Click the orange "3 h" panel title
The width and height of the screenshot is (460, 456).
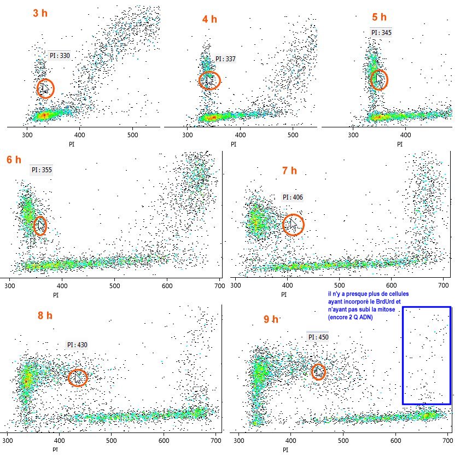(x=40, y=13)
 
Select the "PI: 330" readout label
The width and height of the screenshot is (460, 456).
(x=59, y=55)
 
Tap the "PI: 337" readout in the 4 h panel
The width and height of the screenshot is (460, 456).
(x=225, y=59)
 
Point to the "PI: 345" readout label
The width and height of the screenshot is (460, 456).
(x=381, y=32)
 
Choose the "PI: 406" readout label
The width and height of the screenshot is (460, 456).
(x=293, y=197)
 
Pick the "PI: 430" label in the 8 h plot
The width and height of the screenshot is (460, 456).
(x=77, y=345)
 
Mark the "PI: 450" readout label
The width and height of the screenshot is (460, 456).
(x=318, y=337)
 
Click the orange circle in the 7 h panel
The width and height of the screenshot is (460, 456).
(x=293, y=224)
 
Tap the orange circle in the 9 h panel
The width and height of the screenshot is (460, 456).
(x=318, y=372)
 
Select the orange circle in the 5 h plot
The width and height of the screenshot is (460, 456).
(x=379, y=80)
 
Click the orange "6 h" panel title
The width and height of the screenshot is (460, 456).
(x=14, y=160)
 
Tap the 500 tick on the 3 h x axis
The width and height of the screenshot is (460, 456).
(x=133, y=135)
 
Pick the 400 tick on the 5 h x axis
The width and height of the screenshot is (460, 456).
(x=406, y=135)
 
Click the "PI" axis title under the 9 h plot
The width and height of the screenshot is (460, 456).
(x=286, y=449)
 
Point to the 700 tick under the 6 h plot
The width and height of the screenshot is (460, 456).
(x=218, y=285)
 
